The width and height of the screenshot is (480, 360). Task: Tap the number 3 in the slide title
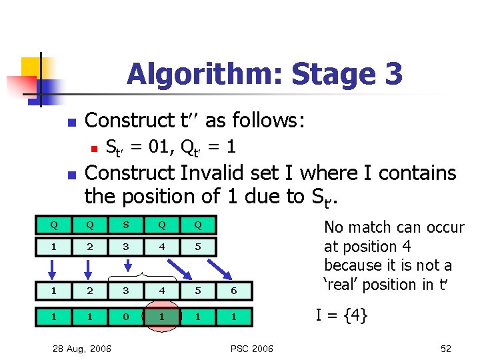point(393,73)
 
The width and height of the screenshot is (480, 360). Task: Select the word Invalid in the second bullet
point(215,173)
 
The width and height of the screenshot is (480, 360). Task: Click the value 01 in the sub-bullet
point(155,147)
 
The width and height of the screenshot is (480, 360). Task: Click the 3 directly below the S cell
point(125,247)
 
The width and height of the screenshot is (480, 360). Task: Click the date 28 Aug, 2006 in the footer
point(83,348)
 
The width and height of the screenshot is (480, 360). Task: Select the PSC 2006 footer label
point(252,348)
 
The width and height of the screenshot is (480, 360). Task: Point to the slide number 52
point(445,348)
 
